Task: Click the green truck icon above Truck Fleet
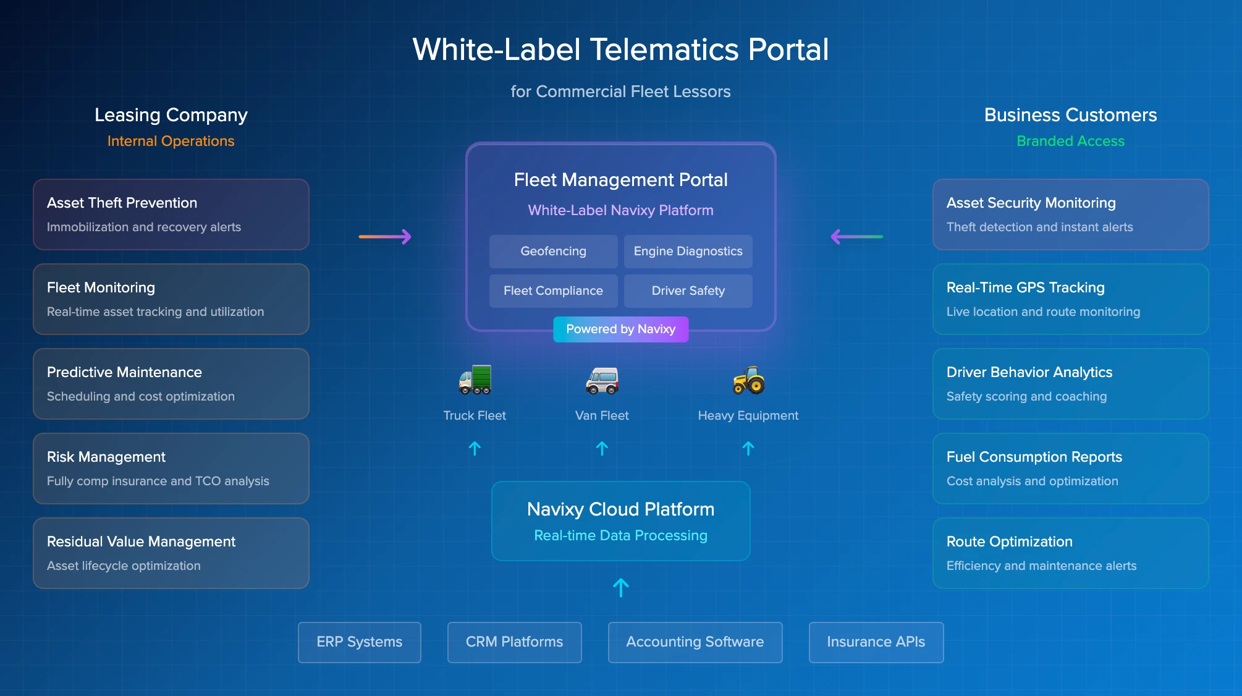pyautogui.click(x=475, y=380)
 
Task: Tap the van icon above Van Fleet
pyautogui.click(x=602, y=380)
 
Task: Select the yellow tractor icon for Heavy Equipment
pyautogui.click(x=748, y=380)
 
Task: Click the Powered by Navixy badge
pyautogui.click(x=620, y=329)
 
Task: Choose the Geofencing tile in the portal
pyautogui.click(x=553, y=252)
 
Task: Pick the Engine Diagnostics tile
pyautogui.click(x=688, y=252)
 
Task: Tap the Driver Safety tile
pyautogui.click(x=688, y=291)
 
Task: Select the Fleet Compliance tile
pyautogui.click(x=553, y=291)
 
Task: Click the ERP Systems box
pyautogui.click(x=359, y=642)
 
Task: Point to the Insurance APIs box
pyautogui.click(x=876, y=642)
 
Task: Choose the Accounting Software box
pyautogui.click(x=695, y=642)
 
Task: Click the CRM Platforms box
pyautogui.click(x=514, y=642)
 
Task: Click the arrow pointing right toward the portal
pyautogui.click(x=385, y=237)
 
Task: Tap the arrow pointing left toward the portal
pyautogui.click(x=856, y=237)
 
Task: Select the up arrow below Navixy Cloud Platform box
pyautogui.click(x=620, y=587)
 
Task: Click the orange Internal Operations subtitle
pyautogui.click(x=171, y=141)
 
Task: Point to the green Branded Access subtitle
pyautogui.click(x=1070, y=141)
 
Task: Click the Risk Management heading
pyautogui.click(x=106, y=457)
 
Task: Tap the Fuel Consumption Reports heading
pyautogui.click(x=1034, y=457)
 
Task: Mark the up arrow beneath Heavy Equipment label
pyautogui.click(x=748, y=448)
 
